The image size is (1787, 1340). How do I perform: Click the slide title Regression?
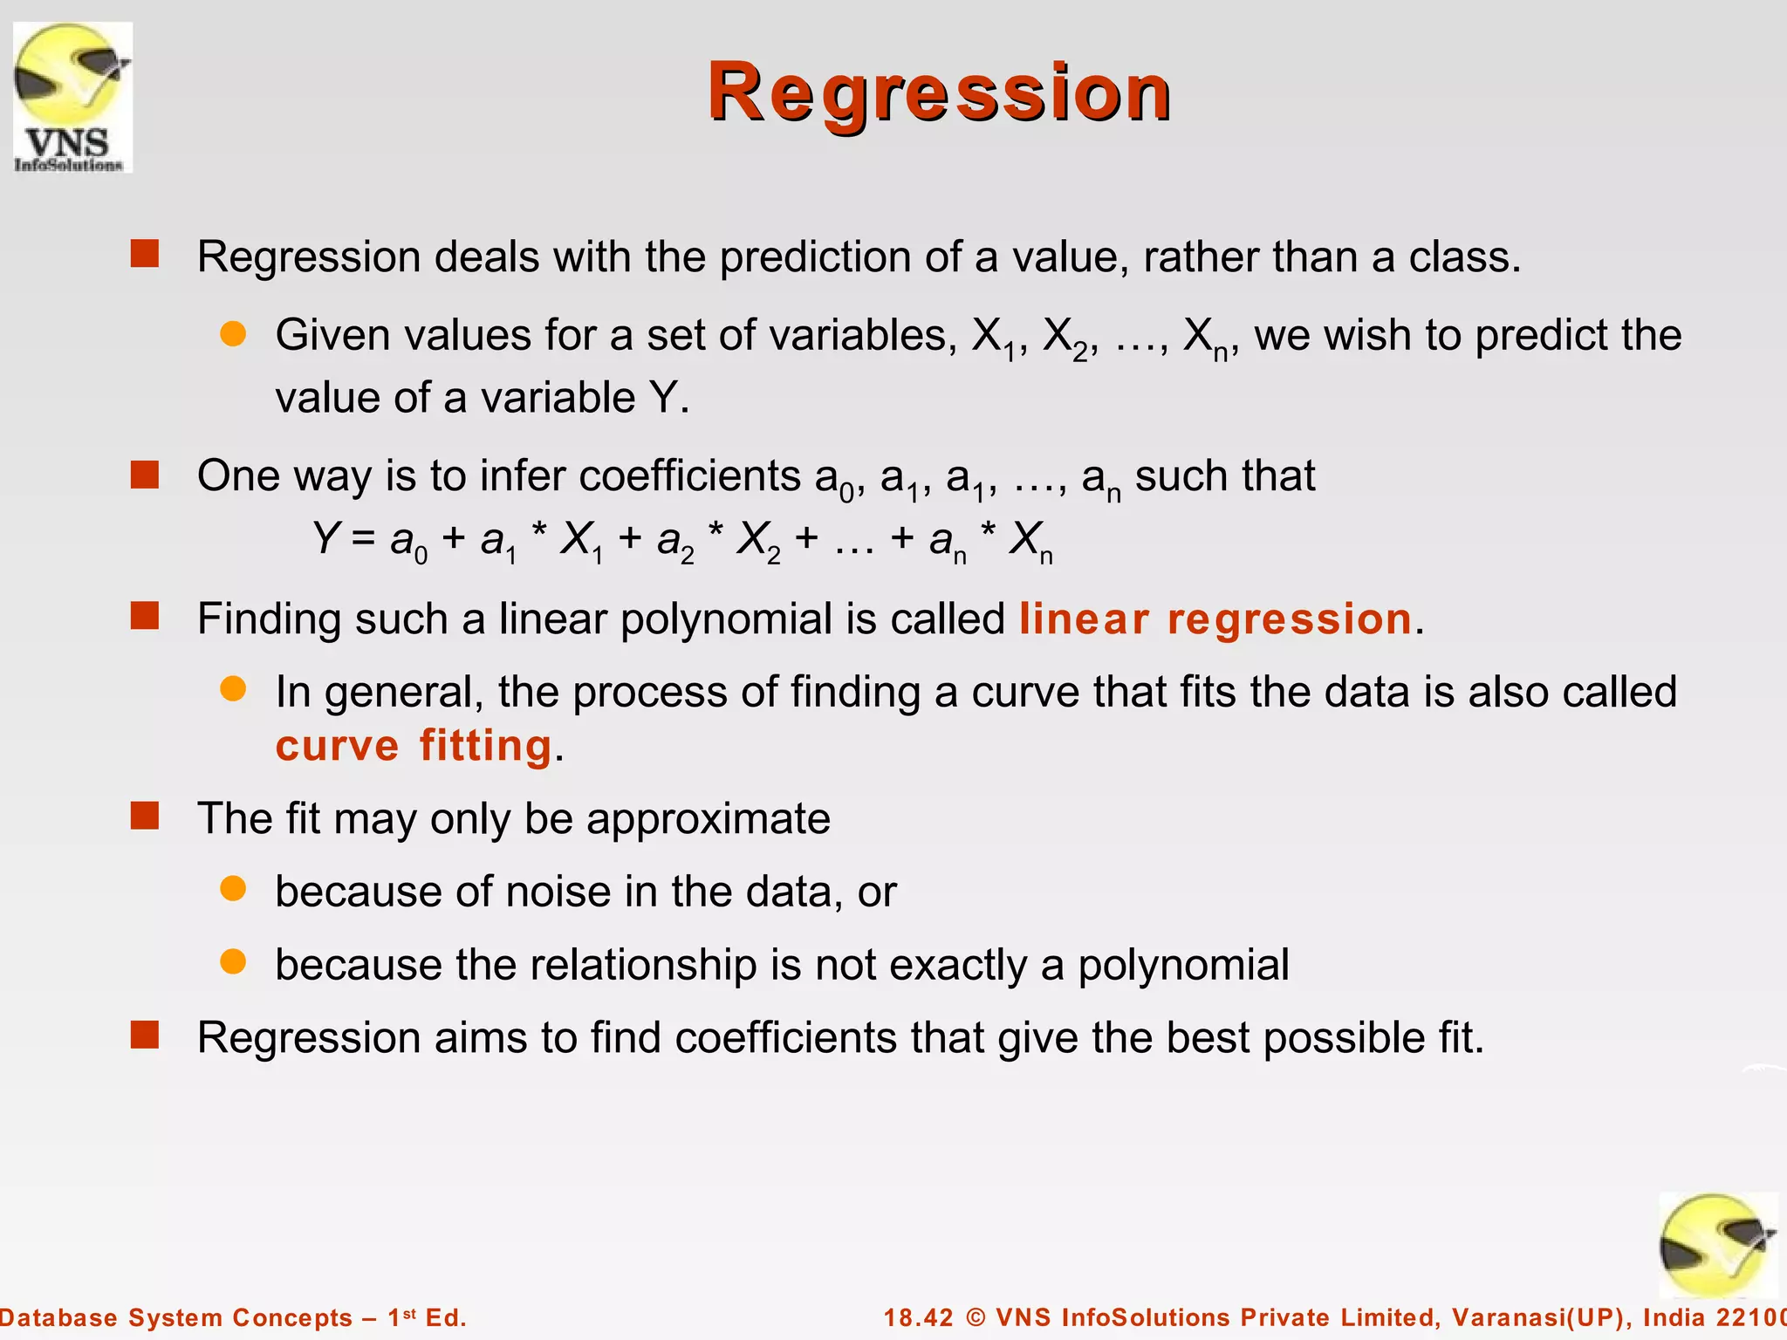coord(939,92)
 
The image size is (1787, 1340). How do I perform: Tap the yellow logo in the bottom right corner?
coord(1716,1247)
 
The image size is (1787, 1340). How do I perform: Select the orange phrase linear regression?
coord(1215,619)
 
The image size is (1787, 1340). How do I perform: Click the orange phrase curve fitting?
coord(414,746)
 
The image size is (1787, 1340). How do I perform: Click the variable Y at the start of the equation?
coord(325,538)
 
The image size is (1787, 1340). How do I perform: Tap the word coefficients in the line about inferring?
coord(689,476)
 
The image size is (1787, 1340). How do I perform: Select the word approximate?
coord(708,819)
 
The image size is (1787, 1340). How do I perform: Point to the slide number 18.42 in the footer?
coord(919,1317)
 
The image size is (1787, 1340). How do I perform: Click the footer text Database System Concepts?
coord(175,1317)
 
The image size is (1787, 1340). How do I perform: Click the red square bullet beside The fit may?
coord(145,817)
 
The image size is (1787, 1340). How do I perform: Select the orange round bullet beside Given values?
coord(233,333)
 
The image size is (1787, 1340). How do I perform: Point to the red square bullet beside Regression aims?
coord(145,1036)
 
